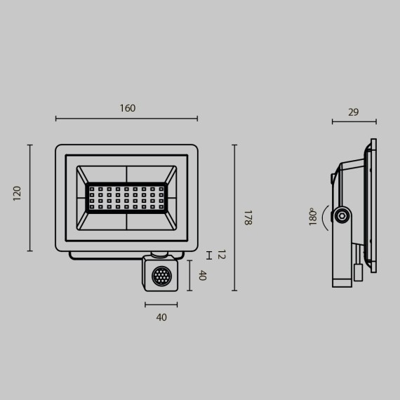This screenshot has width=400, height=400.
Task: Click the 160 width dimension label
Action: (x=127, y=109)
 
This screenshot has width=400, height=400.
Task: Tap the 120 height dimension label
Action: (x=18, y=194)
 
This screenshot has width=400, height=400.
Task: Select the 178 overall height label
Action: (x=246, y=218)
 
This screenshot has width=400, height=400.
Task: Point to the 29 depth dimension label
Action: (x=353, y=112)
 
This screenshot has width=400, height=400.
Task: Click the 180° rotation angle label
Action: (x=313, y=217)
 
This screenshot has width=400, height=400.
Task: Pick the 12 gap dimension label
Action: (x=221, y=254)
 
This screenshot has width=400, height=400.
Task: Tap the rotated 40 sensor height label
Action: (x=202, y=276)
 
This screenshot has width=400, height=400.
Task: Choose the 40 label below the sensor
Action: (x=161, y=317)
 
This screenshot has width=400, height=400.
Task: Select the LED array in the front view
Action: (x=126, y=198)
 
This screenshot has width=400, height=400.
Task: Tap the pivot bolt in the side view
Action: (x=342, y=216)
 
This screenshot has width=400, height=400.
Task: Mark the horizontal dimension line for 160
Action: (x=126, y=119)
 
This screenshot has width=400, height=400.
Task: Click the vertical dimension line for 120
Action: (x=29, y=197)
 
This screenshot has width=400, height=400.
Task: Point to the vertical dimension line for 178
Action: (x=234, y=218)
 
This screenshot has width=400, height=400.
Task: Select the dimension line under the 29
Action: (x=354, y=121)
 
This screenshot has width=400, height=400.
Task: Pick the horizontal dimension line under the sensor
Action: (x=161, y=305)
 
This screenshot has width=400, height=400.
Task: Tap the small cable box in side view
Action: (x=358, y=272)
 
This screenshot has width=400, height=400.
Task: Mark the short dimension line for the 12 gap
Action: (x=208, y=254)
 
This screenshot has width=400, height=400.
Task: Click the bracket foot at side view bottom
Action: (x=342, y=283)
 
